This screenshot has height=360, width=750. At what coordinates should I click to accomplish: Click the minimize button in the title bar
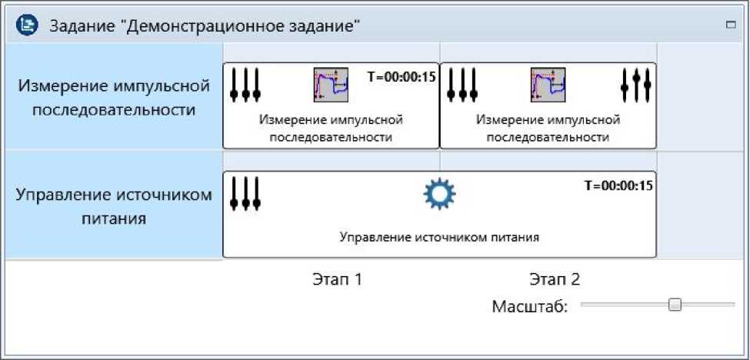coord(730,25)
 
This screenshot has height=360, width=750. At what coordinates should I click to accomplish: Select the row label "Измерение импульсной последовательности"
coord(114,96)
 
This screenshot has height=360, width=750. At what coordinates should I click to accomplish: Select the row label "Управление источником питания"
coord(114,205)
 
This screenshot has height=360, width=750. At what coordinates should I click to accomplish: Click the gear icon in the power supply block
coord(440,195)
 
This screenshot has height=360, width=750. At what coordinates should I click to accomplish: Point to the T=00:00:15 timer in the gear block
coord(618,185)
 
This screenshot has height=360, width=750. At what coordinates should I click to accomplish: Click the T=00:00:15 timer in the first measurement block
coord(402,76)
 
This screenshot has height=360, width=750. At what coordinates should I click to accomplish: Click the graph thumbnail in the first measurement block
coord(331,85)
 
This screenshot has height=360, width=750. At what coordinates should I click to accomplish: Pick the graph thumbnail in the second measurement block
coord(548,85)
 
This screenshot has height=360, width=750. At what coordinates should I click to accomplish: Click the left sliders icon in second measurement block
coord(463,85)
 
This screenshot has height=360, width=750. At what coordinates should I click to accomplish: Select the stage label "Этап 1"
coord(337,278)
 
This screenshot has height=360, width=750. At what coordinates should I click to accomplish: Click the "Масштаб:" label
coord(529,307)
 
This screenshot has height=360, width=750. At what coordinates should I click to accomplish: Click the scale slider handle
coord(675,305)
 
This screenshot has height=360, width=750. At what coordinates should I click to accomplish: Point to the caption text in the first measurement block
coord(331,128)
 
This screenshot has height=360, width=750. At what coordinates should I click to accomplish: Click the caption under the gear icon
coord(439,237)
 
